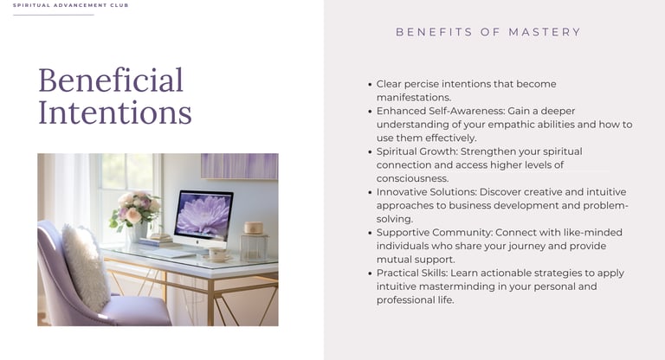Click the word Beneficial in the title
[111, 80]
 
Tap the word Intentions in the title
[115, 112]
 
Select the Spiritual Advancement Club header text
[70, 5]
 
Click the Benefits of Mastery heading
[488, 32]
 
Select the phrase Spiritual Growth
[416, 151]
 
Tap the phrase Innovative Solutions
[427, 191]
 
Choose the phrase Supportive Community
[435, 233]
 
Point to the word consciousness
[412, 178]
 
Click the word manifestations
[414, 97]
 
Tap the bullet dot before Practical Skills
[371, 273]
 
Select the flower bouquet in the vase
[135, 210]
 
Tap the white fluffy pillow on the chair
[86, 267]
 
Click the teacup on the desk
[217, 254]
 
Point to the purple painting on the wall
[240, 166]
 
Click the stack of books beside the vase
[156, 241]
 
